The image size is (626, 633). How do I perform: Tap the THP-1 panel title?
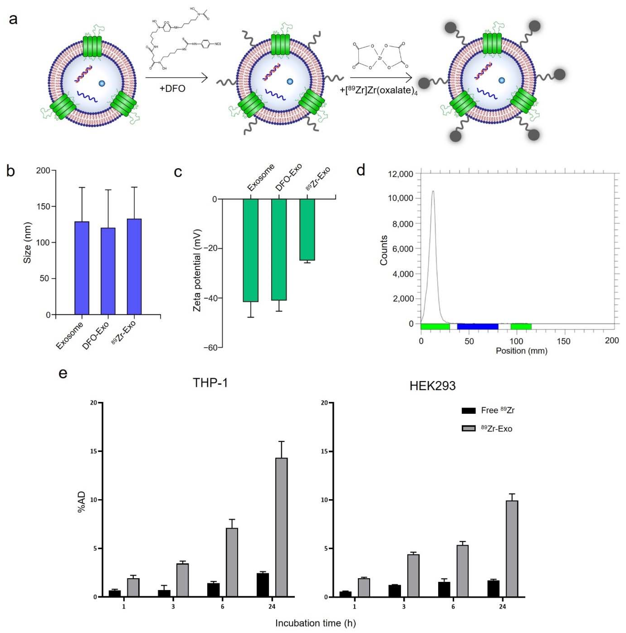pyautogui.click(x=210, y=383)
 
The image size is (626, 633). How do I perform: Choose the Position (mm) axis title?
pyautogui.click(x=521, y=351)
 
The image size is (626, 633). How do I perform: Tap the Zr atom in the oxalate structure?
pyautogui.click(x=380, y=58)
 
